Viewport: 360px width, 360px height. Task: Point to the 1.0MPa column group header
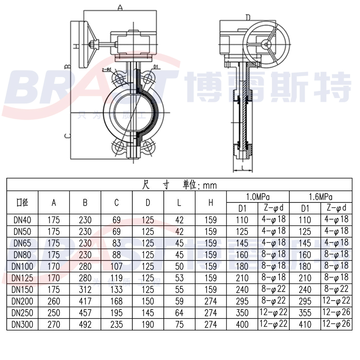258,197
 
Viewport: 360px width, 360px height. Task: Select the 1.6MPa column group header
320,197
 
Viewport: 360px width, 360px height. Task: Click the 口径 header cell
22,202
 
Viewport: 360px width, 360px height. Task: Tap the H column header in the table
211,202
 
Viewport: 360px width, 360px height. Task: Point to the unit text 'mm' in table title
210,185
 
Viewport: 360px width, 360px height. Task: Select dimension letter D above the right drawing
247,17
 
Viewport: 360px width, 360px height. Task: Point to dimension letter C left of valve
66,135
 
